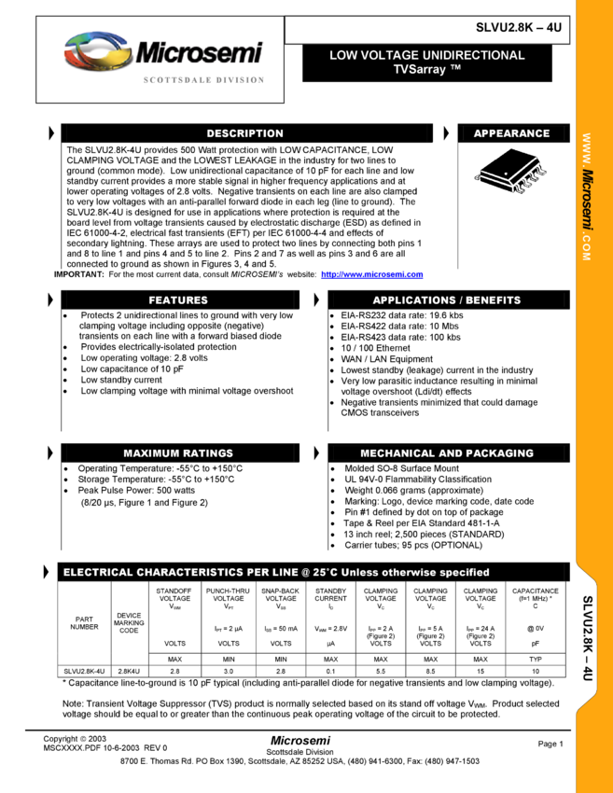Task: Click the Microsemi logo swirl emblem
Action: pyautogui.click(x=97, y=52)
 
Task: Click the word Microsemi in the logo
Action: pyautogui.click(x=199, y=53)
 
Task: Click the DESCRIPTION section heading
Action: pyautogui.click(x=244, y=133)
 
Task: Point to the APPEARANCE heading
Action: pyautogui.click(x=511, y=133)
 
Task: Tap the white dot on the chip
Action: pyautogui.click(x=507, y=174)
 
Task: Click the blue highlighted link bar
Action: pyautogui.click(x=371, y=274)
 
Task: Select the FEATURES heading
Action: pyautogui.click(x=178, y=300)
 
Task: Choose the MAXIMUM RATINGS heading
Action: pyautogui.click(x=178, y=453)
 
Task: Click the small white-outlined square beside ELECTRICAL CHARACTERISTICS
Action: pyautogui.click(x=47, y=573)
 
